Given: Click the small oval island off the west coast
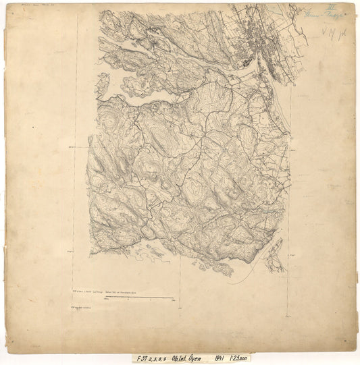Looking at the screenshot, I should tap(103, 84).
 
